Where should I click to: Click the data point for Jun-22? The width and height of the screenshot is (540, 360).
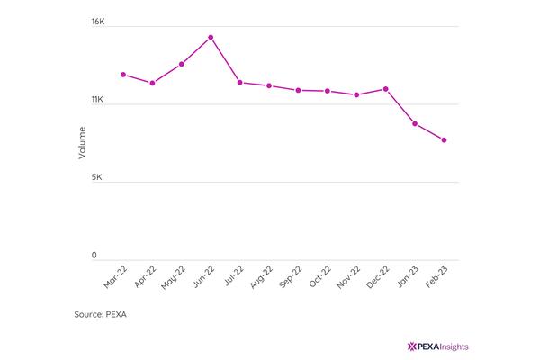click(x=211, y=37)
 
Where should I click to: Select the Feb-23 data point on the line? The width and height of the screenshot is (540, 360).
click(x=444, y=139)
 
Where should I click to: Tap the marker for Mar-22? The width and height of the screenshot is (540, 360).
click(x=123, y=75)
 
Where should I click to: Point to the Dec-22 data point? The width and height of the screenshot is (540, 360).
click(x=386, y=89)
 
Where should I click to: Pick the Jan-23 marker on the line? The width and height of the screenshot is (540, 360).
click(x=415, y=123)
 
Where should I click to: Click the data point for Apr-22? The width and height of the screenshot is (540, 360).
click(x=152, y=83)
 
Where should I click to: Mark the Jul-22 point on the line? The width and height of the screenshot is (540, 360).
click(x=240, y=82)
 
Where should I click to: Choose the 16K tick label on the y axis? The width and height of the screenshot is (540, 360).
click(x=98, y=22)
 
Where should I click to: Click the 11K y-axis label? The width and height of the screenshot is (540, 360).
click(x=97, y=99)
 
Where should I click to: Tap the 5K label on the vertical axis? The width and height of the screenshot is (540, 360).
click(x=97, y=177)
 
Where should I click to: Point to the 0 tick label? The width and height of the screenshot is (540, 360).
click(x=94, y=255)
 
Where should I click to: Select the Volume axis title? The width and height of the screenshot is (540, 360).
click(x=82, y=143)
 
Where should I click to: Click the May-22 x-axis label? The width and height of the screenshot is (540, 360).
click(x=174, y=277)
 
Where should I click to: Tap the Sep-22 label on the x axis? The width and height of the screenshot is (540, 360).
click(x=291, y=276)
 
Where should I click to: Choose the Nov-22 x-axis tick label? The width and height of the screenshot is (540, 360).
click(x=349, y=277)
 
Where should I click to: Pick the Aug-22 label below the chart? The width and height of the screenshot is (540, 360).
click(x=261, y=277)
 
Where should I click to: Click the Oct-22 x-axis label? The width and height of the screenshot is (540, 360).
click(x=319, y=276)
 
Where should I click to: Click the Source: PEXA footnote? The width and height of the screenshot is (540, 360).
click(x=100, y=314)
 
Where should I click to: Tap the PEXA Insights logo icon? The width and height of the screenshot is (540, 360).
click(x=412, y=346)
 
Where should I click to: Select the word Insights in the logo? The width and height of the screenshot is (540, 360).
click(x=454, y=346)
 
